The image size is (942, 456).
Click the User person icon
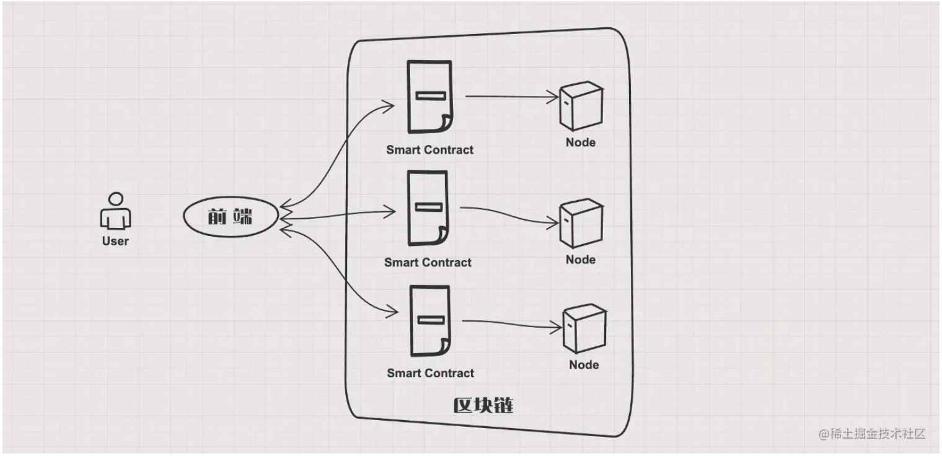click(x=115, y=212)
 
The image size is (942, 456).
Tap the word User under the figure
click(x=115, y=241)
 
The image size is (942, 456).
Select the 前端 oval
click(x=231, y=217)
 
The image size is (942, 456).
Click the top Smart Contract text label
click(x=429, y=149)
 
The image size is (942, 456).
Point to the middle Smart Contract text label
click(x=428, y=262)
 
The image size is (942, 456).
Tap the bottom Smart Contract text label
click(x=430, y=373)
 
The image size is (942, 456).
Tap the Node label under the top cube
click(x=581, y=142)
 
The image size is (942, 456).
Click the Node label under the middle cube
click(x=581, y=260)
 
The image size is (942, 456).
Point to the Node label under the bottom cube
click(x=584, y=364)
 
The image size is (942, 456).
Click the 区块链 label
click(x=483, y=406)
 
